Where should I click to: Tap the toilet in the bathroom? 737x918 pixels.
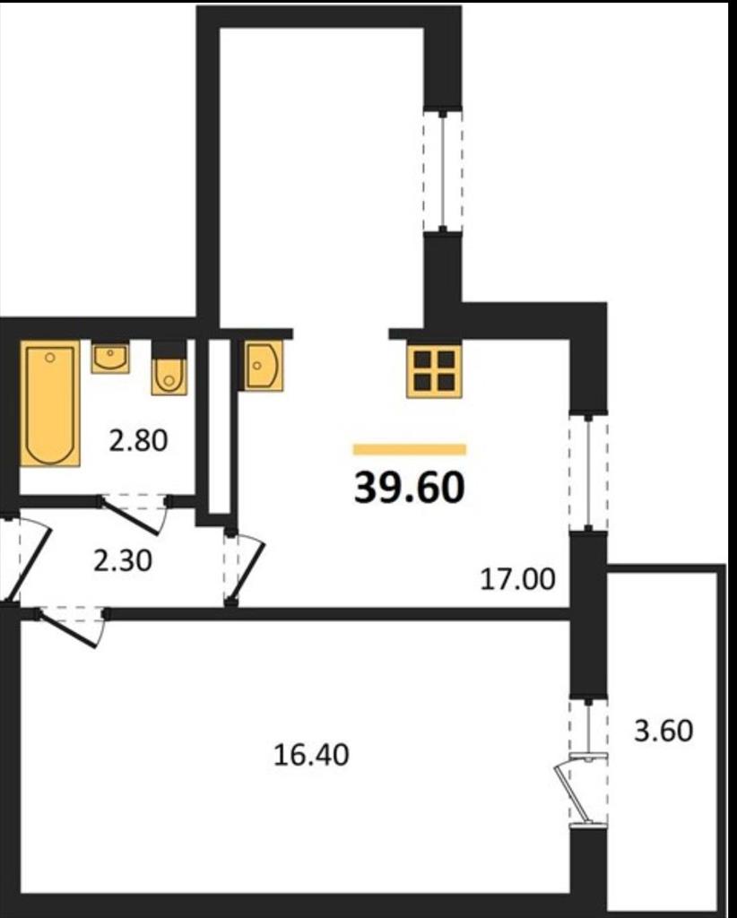[169, 368]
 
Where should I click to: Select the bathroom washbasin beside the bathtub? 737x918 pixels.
[110, 358]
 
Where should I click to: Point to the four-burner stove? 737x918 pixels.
[434, 371]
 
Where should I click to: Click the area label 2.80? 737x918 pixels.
[138, 440]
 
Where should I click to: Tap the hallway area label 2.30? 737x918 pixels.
[123, 561]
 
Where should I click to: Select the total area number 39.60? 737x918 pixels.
[409, 488]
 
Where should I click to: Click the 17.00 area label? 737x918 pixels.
[517, 580]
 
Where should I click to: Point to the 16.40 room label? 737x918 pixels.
[311, 755]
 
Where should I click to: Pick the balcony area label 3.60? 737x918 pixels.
[663, 731]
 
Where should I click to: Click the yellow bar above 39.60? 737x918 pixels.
[410, 449]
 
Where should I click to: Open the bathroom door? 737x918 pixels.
[134, 514]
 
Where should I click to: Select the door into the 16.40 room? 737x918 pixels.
[72, 628]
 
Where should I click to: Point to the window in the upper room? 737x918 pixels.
[443, 169]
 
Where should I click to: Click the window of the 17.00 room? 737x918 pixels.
[588, 472]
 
